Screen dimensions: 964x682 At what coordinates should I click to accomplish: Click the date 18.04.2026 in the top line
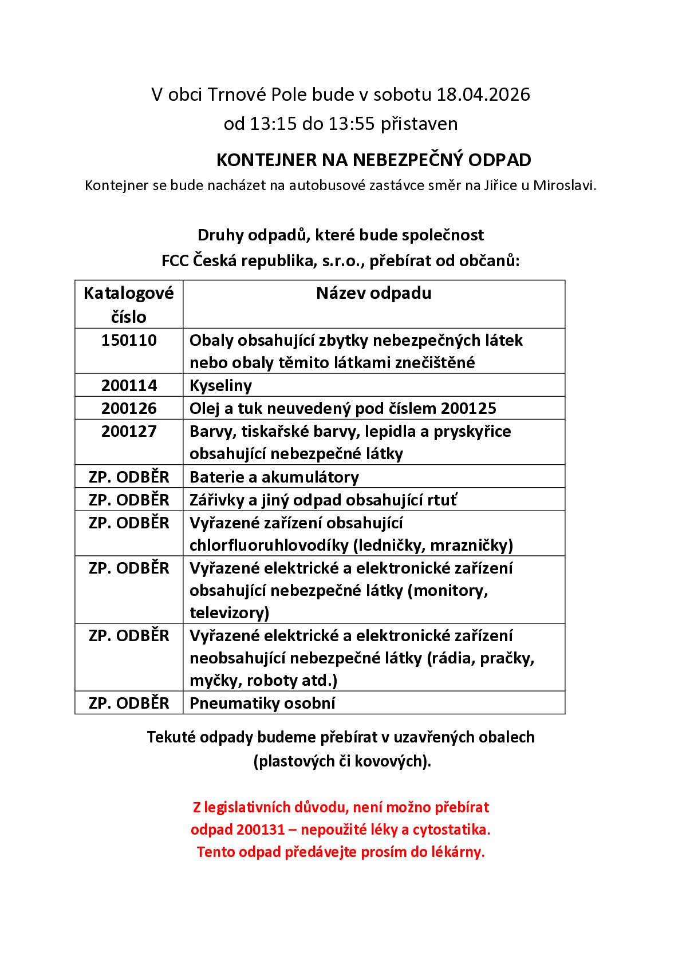click(483, 94)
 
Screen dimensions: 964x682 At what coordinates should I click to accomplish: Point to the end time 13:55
click(350, 124)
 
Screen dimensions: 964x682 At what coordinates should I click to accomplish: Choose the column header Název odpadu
click(373, 293)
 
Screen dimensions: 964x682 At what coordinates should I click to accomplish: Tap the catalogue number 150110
click(129, 340)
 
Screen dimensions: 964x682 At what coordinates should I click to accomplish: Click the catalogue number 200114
click(129, 385)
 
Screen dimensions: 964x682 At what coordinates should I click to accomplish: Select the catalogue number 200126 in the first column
click(129, 408)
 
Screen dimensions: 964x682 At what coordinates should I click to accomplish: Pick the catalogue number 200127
click(129, 431)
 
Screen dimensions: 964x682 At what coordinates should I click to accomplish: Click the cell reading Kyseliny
click(220, 385)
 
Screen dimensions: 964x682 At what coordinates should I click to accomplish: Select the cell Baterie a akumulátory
click(274, 477)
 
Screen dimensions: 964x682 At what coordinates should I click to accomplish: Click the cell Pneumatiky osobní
click(262, 703)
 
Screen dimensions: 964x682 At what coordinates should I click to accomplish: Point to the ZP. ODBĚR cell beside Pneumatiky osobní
click(129, 703)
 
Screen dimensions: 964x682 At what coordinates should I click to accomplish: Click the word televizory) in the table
click(229, 613)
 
